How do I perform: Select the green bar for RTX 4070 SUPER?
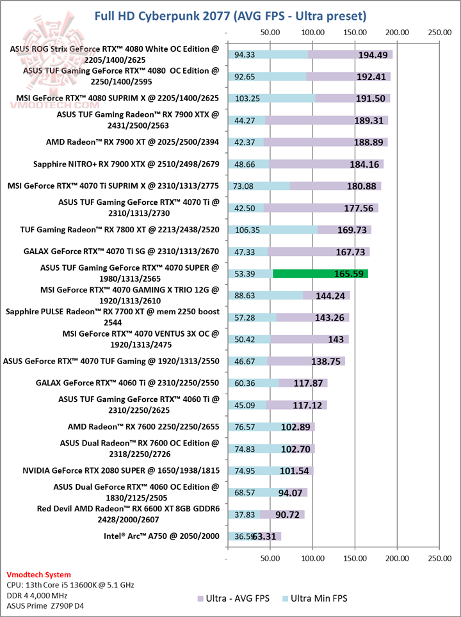(x=320, y=274)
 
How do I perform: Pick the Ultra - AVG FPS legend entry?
(x=234, y=598)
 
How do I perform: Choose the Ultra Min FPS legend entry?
(x=313, y=598)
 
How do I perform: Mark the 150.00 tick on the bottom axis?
(x=355, y=559)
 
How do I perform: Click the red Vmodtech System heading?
(x=38, y=574)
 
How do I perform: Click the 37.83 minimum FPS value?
(x=244, y=514)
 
